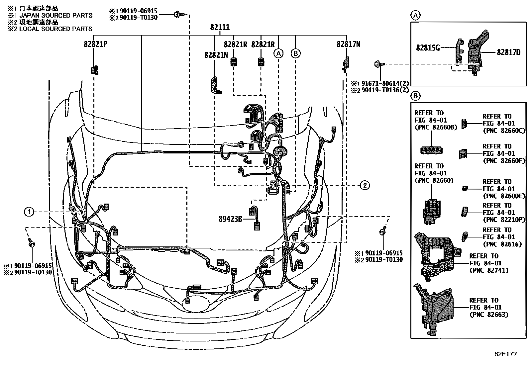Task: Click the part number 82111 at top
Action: tap(220, 27)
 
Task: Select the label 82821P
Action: tap(95, 45)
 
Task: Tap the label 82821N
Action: tap(216, 55)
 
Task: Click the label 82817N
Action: tap(348, 45)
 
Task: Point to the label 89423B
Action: tap(231, 219)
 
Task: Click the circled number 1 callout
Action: tap(29, 212)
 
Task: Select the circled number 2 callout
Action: tap(365, 185)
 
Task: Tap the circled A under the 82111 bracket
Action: tap(278, 53)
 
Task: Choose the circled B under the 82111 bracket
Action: tap(295, 53)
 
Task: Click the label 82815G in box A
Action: tap(428, 48)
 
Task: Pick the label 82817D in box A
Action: tap(508, 52)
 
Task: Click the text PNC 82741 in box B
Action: tap(489, 270)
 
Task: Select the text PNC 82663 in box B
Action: tap(489, 315)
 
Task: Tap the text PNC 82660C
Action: tap(499, 131)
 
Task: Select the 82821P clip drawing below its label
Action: tap(94, 70)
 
